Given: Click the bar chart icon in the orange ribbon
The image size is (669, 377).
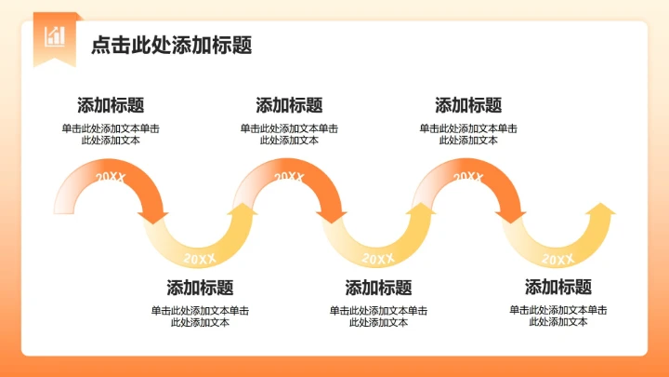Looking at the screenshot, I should coord(55,35).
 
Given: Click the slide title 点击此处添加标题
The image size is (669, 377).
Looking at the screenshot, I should coord(172,46).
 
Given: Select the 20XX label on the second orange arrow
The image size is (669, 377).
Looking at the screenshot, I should coord(288,177).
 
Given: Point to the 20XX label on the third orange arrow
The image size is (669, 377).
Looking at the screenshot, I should coord(467,177).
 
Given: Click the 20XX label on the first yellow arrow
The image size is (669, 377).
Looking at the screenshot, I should coord(199,258).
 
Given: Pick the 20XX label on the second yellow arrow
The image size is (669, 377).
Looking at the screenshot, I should coord(378,258).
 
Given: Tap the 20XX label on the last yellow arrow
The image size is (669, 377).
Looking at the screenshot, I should coord(557,258).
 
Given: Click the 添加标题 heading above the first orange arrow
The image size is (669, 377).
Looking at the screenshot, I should coord(111,105).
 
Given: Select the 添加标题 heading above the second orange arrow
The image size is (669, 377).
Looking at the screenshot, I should coord(289,105).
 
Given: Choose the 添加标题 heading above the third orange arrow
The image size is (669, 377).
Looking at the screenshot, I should coord(468,105).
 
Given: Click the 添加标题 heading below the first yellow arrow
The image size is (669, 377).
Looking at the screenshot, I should coord(200,288).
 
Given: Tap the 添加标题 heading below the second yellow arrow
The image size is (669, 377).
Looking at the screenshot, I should coord(378,288).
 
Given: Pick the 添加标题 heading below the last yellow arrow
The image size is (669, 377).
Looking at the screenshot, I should coord(558,288).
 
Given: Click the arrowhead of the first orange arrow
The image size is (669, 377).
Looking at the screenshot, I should coord(153,215).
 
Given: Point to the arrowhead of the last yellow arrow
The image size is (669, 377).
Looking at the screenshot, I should coord(602,212).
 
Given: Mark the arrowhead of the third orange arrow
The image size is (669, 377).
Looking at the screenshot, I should coord(511,215).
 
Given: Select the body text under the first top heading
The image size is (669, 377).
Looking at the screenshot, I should coord(111,134).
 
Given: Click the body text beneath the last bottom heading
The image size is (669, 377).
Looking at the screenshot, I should coord(558,316).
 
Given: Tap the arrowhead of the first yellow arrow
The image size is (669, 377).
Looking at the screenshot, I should coord(244,212).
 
